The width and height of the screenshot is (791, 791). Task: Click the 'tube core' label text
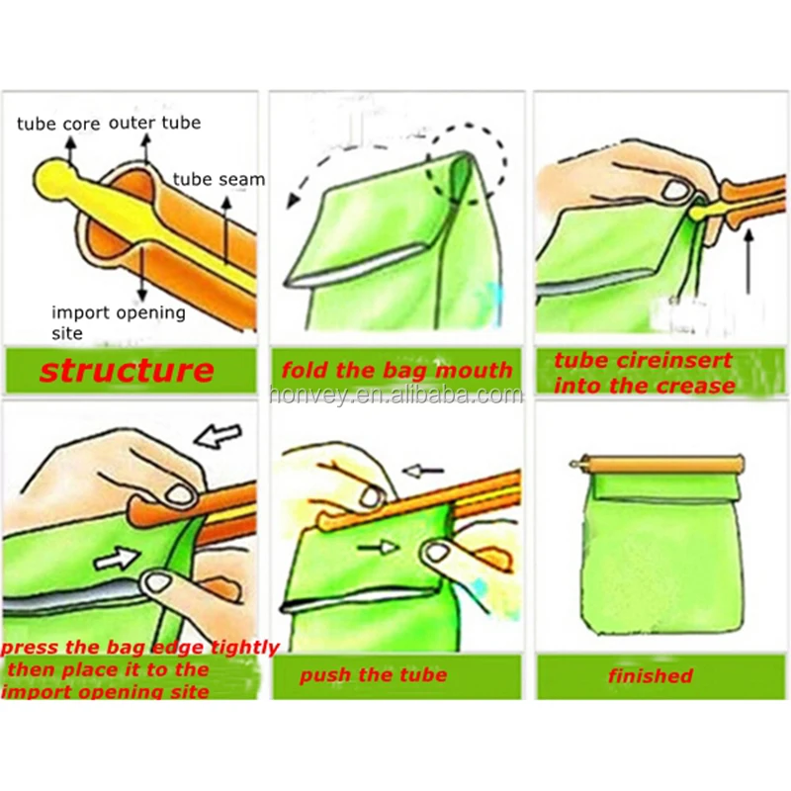click(55, 125)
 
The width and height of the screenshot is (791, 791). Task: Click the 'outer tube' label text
click(154, 123)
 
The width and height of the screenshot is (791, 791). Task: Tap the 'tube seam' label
click(219, 179)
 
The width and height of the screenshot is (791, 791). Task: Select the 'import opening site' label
click(118, 322)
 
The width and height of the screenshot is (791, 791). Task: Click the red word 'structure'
click(127, 371)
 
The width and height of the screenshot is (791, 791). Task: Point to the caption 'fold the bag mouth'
click(396, 371)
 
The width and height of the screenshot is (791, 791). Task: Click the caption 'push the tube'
click(373, 675)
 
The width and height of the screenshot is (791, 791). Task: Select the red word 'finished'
click(650, 676)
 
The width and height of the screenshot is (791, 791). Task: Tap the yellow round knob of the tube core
click(49, 179)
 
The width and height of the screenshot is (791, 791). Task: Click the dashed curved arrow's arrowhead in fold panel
click(293, 201)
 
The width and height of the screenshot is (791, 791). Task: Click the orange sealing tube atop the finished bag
click(661, 463)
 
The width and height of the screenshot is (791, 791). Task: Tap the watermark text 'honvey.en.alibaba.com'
click(395, 395)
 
